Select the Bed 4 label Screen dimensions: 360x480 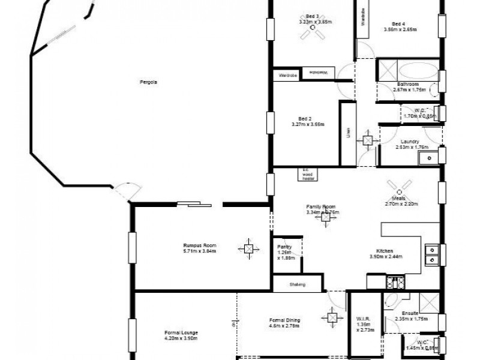pyautogui.click(x=398, y=23)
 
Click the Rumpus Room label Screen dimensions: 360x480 pyautogui.click(x=200, y=245)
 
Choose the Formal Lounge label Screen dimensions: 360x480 pyautogui.click(x=181, y=332)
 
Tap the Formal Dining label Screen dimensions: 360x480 pyautogui.click(x=285, y=320)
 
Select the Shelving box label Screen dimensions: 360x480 pyautogui.click(x=298, y=284)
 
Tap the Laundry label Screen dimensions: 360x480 pyautogui.click(x=410, y=142)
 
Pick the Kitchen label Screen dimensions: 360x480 pyautogui.click(x=385, y=250)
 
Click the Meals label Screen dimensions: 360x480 pyautogui.click(x=399, y=198)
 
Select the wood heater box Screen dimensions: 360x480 pyautogui.click(x=308, y=174)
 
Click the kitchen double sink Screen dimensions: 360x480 pyautogui.click(x=431, y=255)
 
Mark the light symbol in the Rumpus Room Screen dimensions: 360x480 pyautogui.click(x=248, y=247)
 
